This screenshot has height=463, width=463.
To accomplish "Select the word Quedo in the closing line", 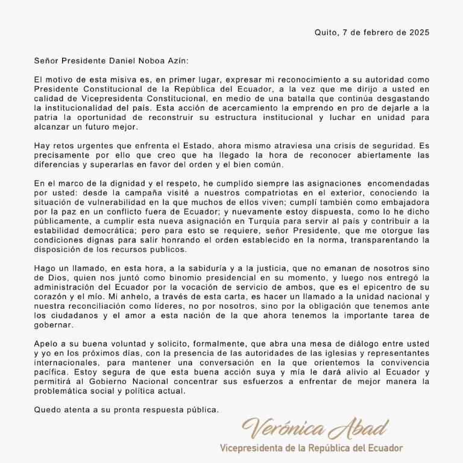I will click(x=48, y=410).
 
